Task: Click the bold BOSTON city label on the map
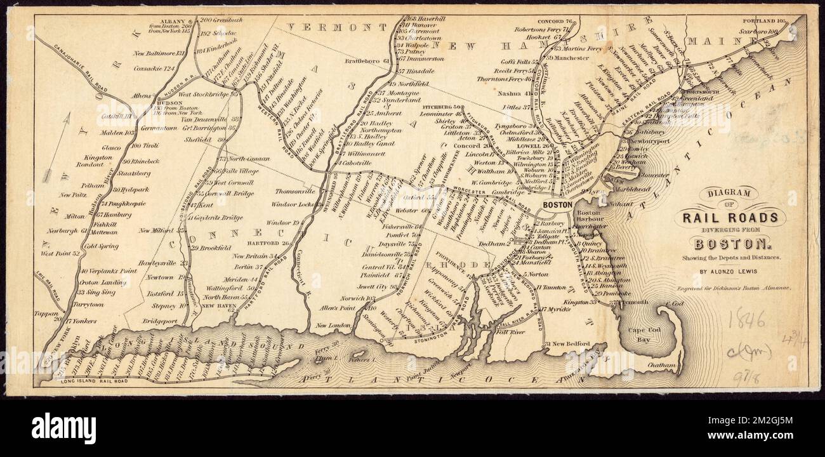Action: pos(558,205)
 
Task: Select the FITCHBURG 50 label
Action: pos(452,107)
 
